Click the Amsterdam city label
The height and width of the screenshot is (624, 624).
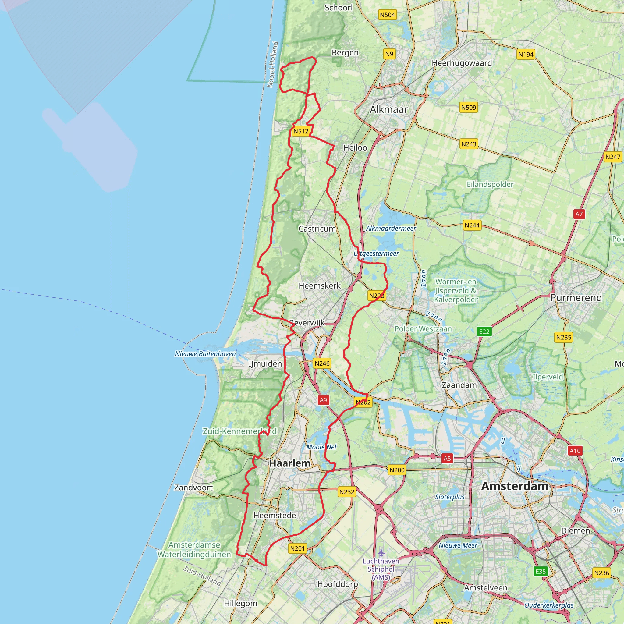click(x=515, y=486)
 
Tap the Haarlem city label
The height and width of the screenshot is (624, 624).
click(x=290, y=463)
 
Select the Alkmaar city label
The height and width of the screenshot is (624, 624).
click(x=388, y=109)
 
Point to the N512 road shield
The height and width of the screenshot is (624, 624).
click(x=301, y=131)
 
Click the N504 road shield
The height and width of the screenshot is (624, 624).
click(x=387, y=15)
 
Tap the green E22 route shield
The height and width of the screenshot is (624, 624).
click(x=484, y=331)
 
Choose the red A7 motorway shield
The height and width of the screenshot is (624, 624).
click(x=579, y=214)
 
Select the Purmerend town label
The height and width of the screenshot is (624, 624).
click(x=576, y=297)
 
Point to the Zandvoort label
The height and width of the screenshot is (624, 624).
click(x=193, y=487)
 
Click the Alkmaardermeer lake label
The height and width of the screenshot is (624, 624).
click(x=391, y=228)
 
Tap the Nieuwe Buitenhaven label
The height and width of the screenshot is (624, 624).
click(x=205, y=354)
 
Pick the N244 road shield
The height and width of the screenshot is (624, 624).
click(x=472, y=225)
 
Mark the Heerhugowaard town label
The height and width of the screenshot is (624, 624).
click(x=462, y=63)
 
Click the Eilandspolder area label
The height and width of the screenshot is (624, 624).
click(x=490, y=184)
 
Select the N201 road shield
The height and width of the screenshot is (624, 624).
click(x=297, y=548)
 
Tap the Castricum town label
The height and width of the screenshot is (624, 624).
click(x=317, y=229)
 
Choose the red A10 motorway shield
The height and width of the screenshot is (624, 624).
click(x=575, y=451)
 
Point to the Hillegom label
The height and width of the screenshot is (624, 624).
click(x=241, y=603)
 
